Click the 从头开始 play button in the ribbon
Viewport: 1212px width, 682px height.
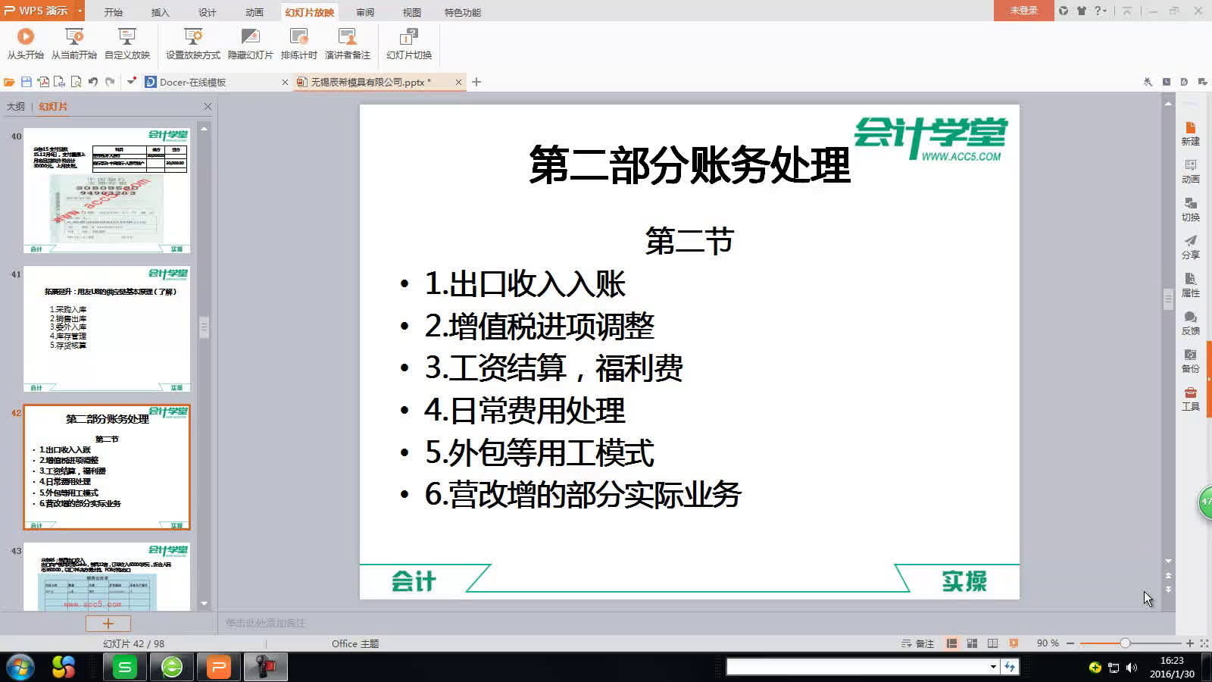25,43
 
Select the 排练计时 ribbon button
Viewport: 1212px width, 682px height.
298,43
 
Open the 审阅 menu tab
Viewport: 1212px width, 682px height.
365,12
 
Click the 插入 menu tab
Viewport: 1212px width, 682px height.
160,12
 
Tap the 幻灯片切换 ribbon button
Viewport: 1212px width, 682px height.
408,43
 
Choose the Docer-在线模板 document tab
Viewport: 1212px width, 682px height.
194,82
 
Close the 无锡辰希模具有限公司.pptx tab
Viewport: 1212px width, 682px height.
458,82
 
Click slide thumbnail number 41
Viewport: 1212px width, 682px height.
107,328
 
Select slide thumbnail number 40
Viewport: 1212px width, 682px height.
107,190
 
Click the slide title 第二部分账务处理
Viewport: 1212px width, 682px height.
689,164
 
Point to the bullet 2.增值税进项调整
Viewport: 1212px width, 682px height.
539,326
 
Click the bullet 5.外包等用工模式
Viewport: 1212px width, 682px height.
539,452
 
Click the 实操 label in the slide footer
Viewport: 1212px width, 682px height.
964,581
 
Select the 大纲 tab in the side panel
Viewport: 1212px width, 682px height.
16,107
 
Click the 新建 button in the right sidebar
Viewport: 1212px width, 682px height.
1190,133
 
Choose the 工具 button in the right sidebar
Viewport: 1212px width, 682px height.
1190,399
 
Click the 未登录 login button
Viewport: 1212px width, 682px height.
1023,11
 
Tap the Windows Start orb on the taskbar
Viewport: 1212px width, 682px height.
20,668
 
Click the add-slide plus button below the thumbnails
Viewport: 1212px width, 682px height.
108,624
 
